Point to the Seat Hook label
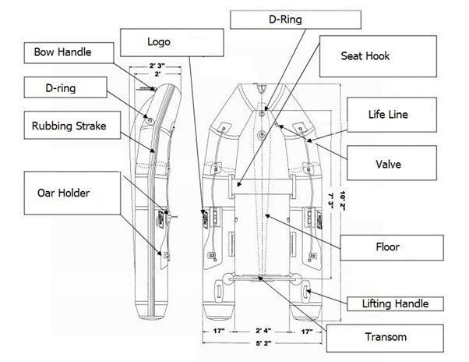coord(366,56)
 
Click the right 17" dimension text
coord(309,329)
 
